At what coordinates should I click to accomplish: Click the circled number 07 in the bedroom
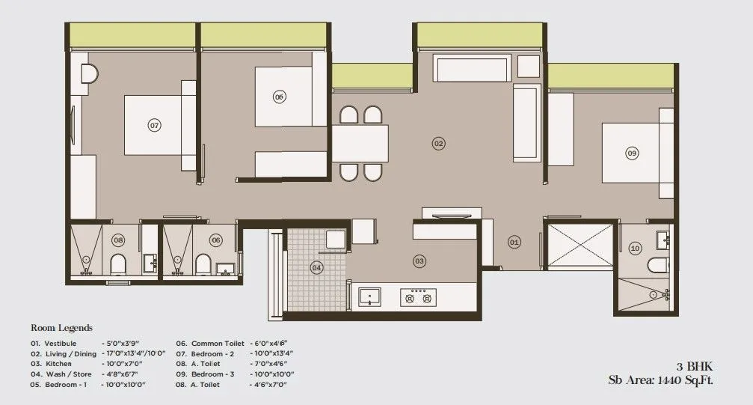(x=155, y=125)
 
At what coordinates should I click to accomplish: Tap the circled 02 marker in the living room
(x=439, y=143)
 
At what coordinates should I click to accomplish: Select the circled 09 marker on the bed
(x=632, y=153)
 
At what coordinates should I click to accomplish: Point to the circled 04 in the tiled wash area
(x=317, y=267)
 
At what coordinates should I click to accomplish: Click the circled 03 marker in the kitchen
(x=419, y=261)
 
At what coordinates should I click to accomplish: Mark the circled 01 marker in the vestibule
(x=514, y=242)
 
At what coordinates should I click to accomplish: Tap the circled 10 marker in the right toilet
(x=635, y=248)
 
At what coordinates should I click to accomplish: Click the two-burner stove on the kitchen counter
(x=417, y=298)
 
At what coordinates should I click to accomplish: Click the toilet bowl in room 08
(x=117, y=264)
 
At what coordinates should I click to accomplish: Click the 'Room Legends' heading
(x=61, y=328)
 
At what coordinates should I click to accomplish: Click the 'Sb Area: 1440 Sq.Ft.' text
(x=660, y=380)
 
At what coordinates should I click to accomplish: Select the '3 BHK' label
(x=695, y=367)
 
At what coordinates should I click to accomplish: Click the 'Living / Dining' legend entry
(x=70, y=353)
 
